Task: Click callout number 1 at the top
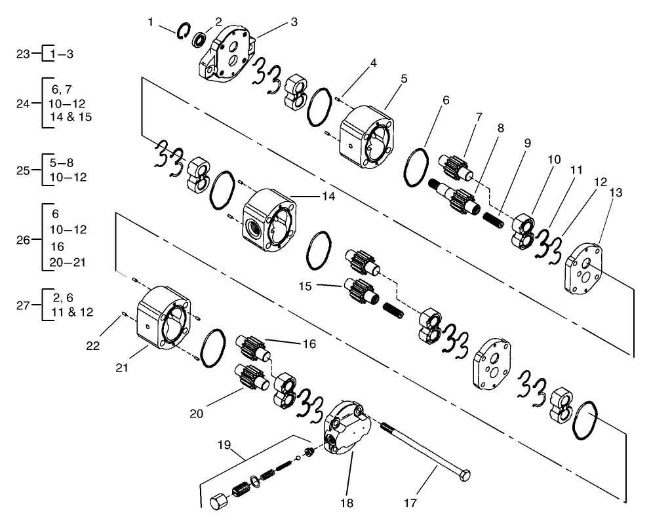(x=151, y=22)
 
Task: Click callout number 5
(x=404, y=79)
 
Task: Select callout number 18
(x=346, y=503)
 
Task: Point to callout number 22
(x=94, y=345)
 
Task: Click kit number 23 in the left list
(x=24, y=54)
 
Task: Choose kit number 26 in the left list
(x=24, y=239)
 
